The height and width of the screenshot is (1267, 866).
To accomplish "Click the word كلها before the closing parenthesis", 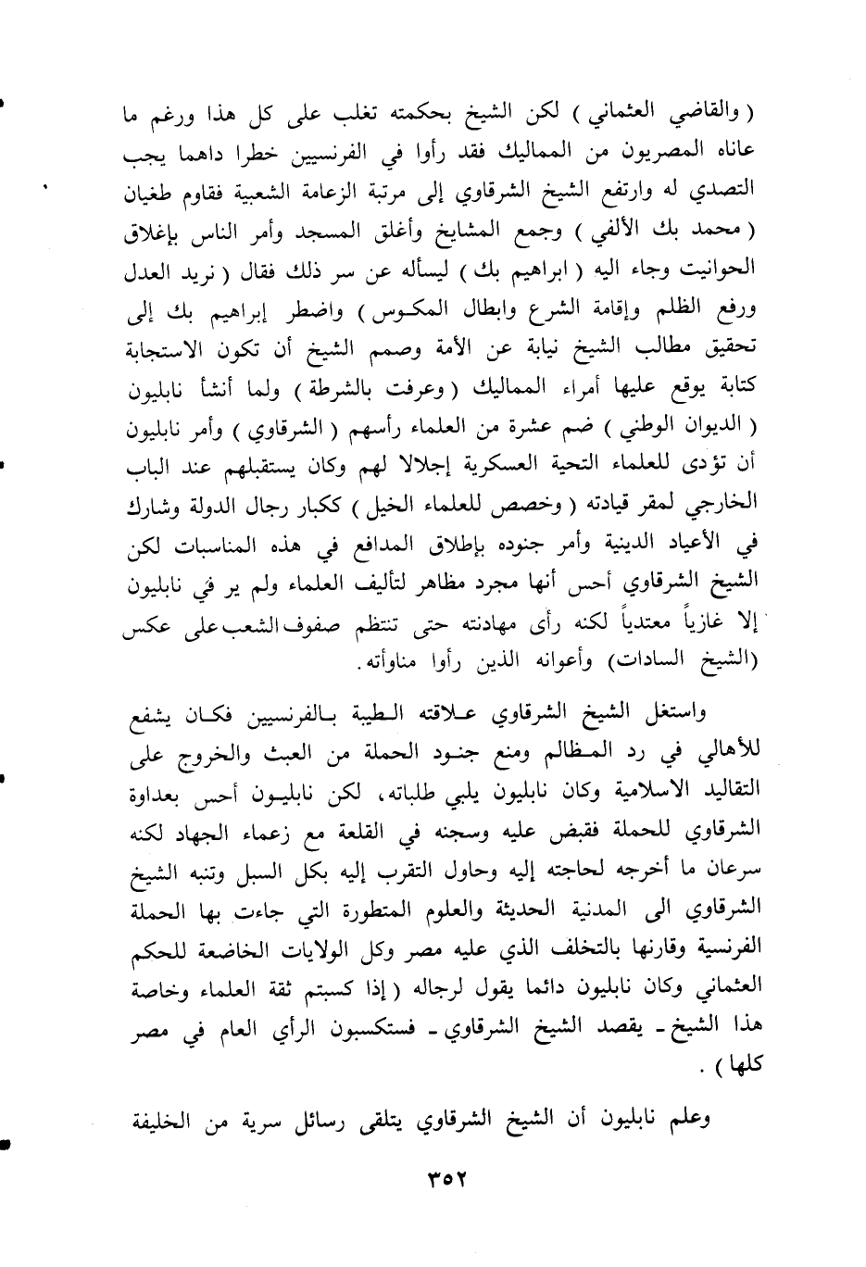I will [739, 1065].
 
